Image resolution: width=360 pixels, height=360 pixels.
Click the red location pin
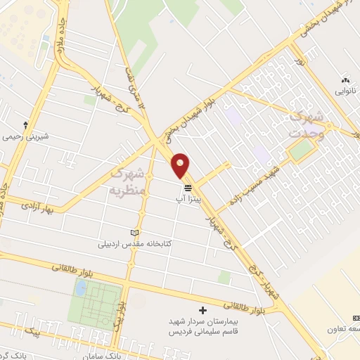[181, 165]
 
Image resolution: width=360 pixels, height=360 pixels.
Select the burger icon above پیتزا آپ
[188, 188]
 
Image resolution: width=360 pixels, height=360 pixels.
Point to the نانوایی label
[345, 91]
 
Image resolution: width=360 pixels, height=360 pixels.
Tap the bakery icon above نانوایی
[345, 80]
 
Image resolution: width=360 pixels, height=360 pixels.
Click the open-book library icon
[136, 233]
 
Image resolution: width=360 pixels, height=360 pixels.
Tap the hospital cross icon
[203, 309]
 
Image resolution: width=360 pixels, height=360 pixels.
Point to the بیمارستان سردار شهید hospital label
[203, 321]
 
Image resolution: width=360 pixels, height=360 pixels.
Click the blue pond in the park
[81, 288]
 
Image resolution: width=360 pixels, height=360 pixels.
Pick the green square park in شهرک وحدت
[301, 149]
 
